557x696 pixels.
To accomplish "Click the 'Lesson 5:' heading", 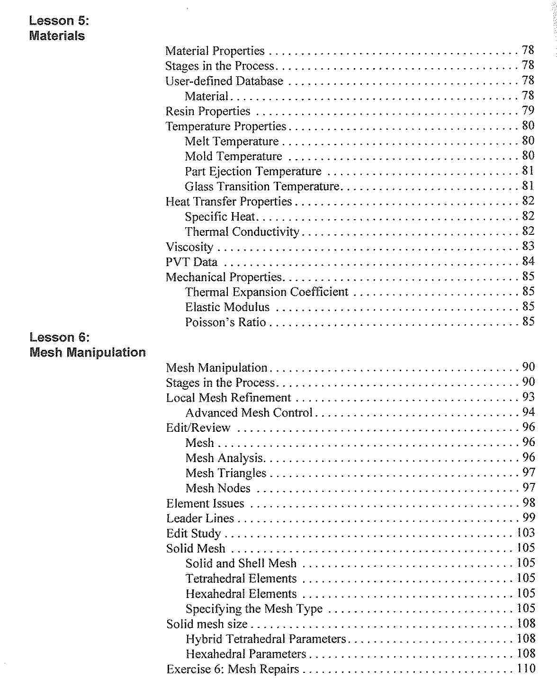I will point(59,21).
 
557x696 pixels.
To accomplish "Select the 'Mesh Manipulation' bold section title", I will point(87,353).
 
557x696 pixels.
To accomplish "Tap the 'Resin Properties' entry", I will point(207,111).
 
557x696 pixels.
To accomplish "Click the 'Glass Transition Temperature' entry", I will point(262,187).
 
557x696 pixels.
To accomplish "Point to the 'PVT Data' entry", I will point(191,262).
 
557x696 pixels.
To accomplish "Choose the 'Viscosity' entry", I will point(189,247).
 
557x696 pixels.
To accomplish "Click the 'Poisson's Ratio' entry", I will point(225,322).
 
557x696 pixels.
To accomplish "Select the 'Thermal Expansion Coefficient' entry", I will point(267,292).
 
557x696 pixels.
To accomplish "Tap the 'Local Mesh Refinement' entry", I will point(228,398).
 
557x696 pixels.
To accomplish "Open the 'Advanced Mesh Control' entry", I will point(249,413).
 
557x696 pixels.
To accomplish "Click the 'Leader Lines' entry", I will point(200,518).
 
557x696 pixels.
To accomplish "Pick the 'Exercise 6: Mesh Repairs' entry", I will point(233,669).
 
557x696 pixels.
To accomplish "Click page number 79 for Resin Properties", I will point(528,111).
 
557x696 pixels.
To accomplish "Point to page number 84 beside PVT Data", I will point(528,261).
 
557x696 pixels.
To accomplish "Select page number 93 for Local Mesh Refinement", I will point(528,397).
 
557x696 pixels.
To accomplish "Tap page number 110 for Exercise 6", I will point(526,669).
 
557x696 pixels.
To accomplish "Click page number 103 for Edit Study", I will point(526,533).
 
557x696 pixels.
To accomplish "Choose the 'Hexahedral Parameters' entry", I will point(246,654).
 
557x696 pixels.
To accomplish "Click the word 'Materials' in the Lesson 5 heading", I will point(57,36).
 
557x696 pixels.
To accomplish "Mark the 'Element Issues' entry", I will point(205,503).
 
